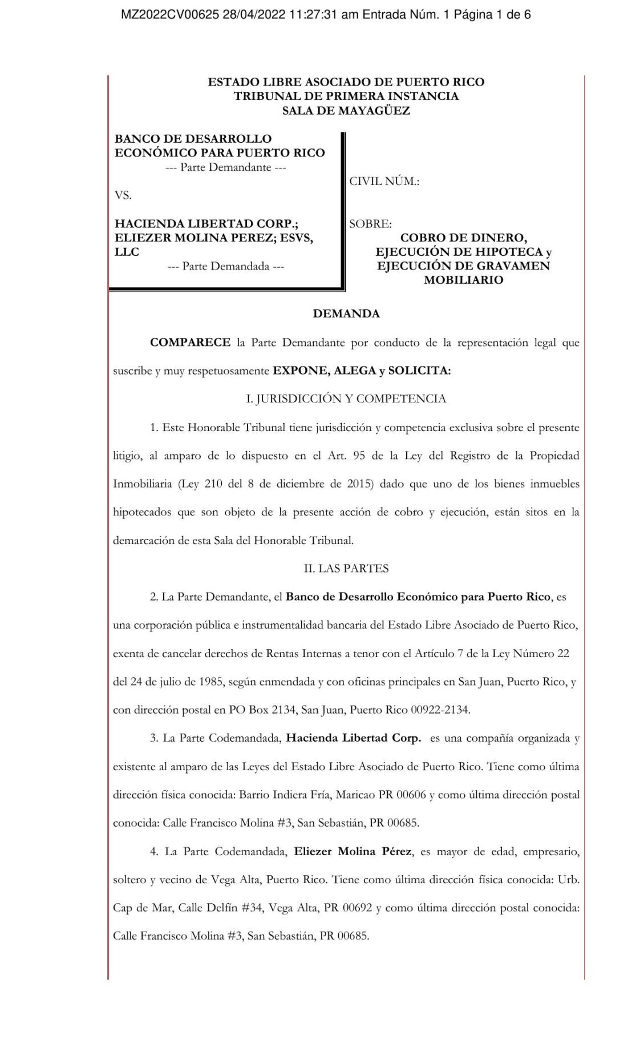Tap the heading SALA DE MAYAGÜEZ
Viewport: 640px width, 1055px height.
pyautogui.click(x=346, y=111)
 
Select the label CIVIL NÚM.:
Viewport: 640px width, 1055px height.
pyautogui.click(x=384, y=182)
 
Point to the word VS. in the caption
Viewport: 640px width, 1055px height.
pyautogui.click(x=123, y=195)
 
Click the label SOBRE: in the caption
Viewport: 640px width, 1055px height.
pyautogui.click(x=370, y=224)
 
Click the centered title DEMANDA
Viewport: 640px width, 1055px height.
pyautogui.click(x=346, y=313)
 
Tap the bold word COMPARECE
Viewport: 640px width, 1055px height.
pyautogui.click(x=190, y=343)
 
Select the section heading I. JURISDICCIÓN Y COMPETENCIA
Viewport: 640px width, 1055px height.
pyautogui.click(x=346, y=398)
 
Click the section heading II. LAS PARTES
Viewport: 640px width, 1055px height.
pyautogui.click(x=346, y=568)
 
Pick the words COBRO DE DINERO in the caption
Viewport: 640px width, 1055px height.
pyautogui.click(x=463, y=237)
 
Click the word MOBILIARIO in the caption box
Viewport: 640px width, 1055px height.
pyautogui.click(x=463, y=280)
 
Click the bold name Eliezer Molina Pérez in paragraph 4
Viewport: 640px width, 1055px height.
pyautogui.click(x=352, y=851)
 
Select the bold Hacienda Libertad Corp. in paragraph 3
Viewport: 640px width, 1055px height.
pyautogui.click(x=353, y=738)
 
